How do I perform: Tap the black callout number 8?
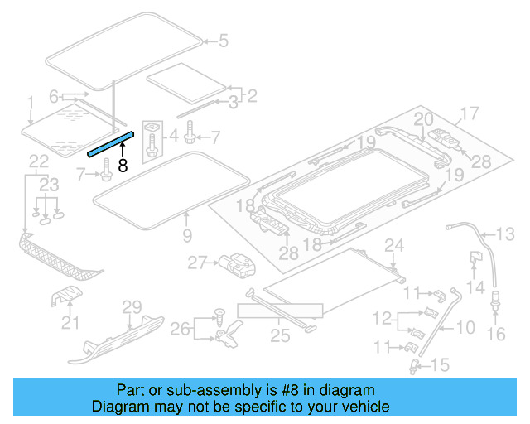click(123, 165)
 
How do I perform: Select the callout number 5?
click(222, 40)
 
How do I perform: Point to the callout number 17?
click(470, 113)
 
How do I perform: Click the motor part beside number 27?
click(236, 265)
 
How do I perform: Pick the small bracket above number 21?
click(68, 296)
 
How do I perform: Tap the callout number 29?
click(132, 308)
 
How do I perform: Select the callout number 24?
click(394, 244)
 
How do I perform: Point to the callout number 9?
click(186, 236)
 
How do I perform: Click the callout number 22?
click(39, 161)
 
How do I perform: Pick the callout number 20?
click(423, 120)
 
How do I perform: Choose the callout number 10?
click(465, 326)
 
